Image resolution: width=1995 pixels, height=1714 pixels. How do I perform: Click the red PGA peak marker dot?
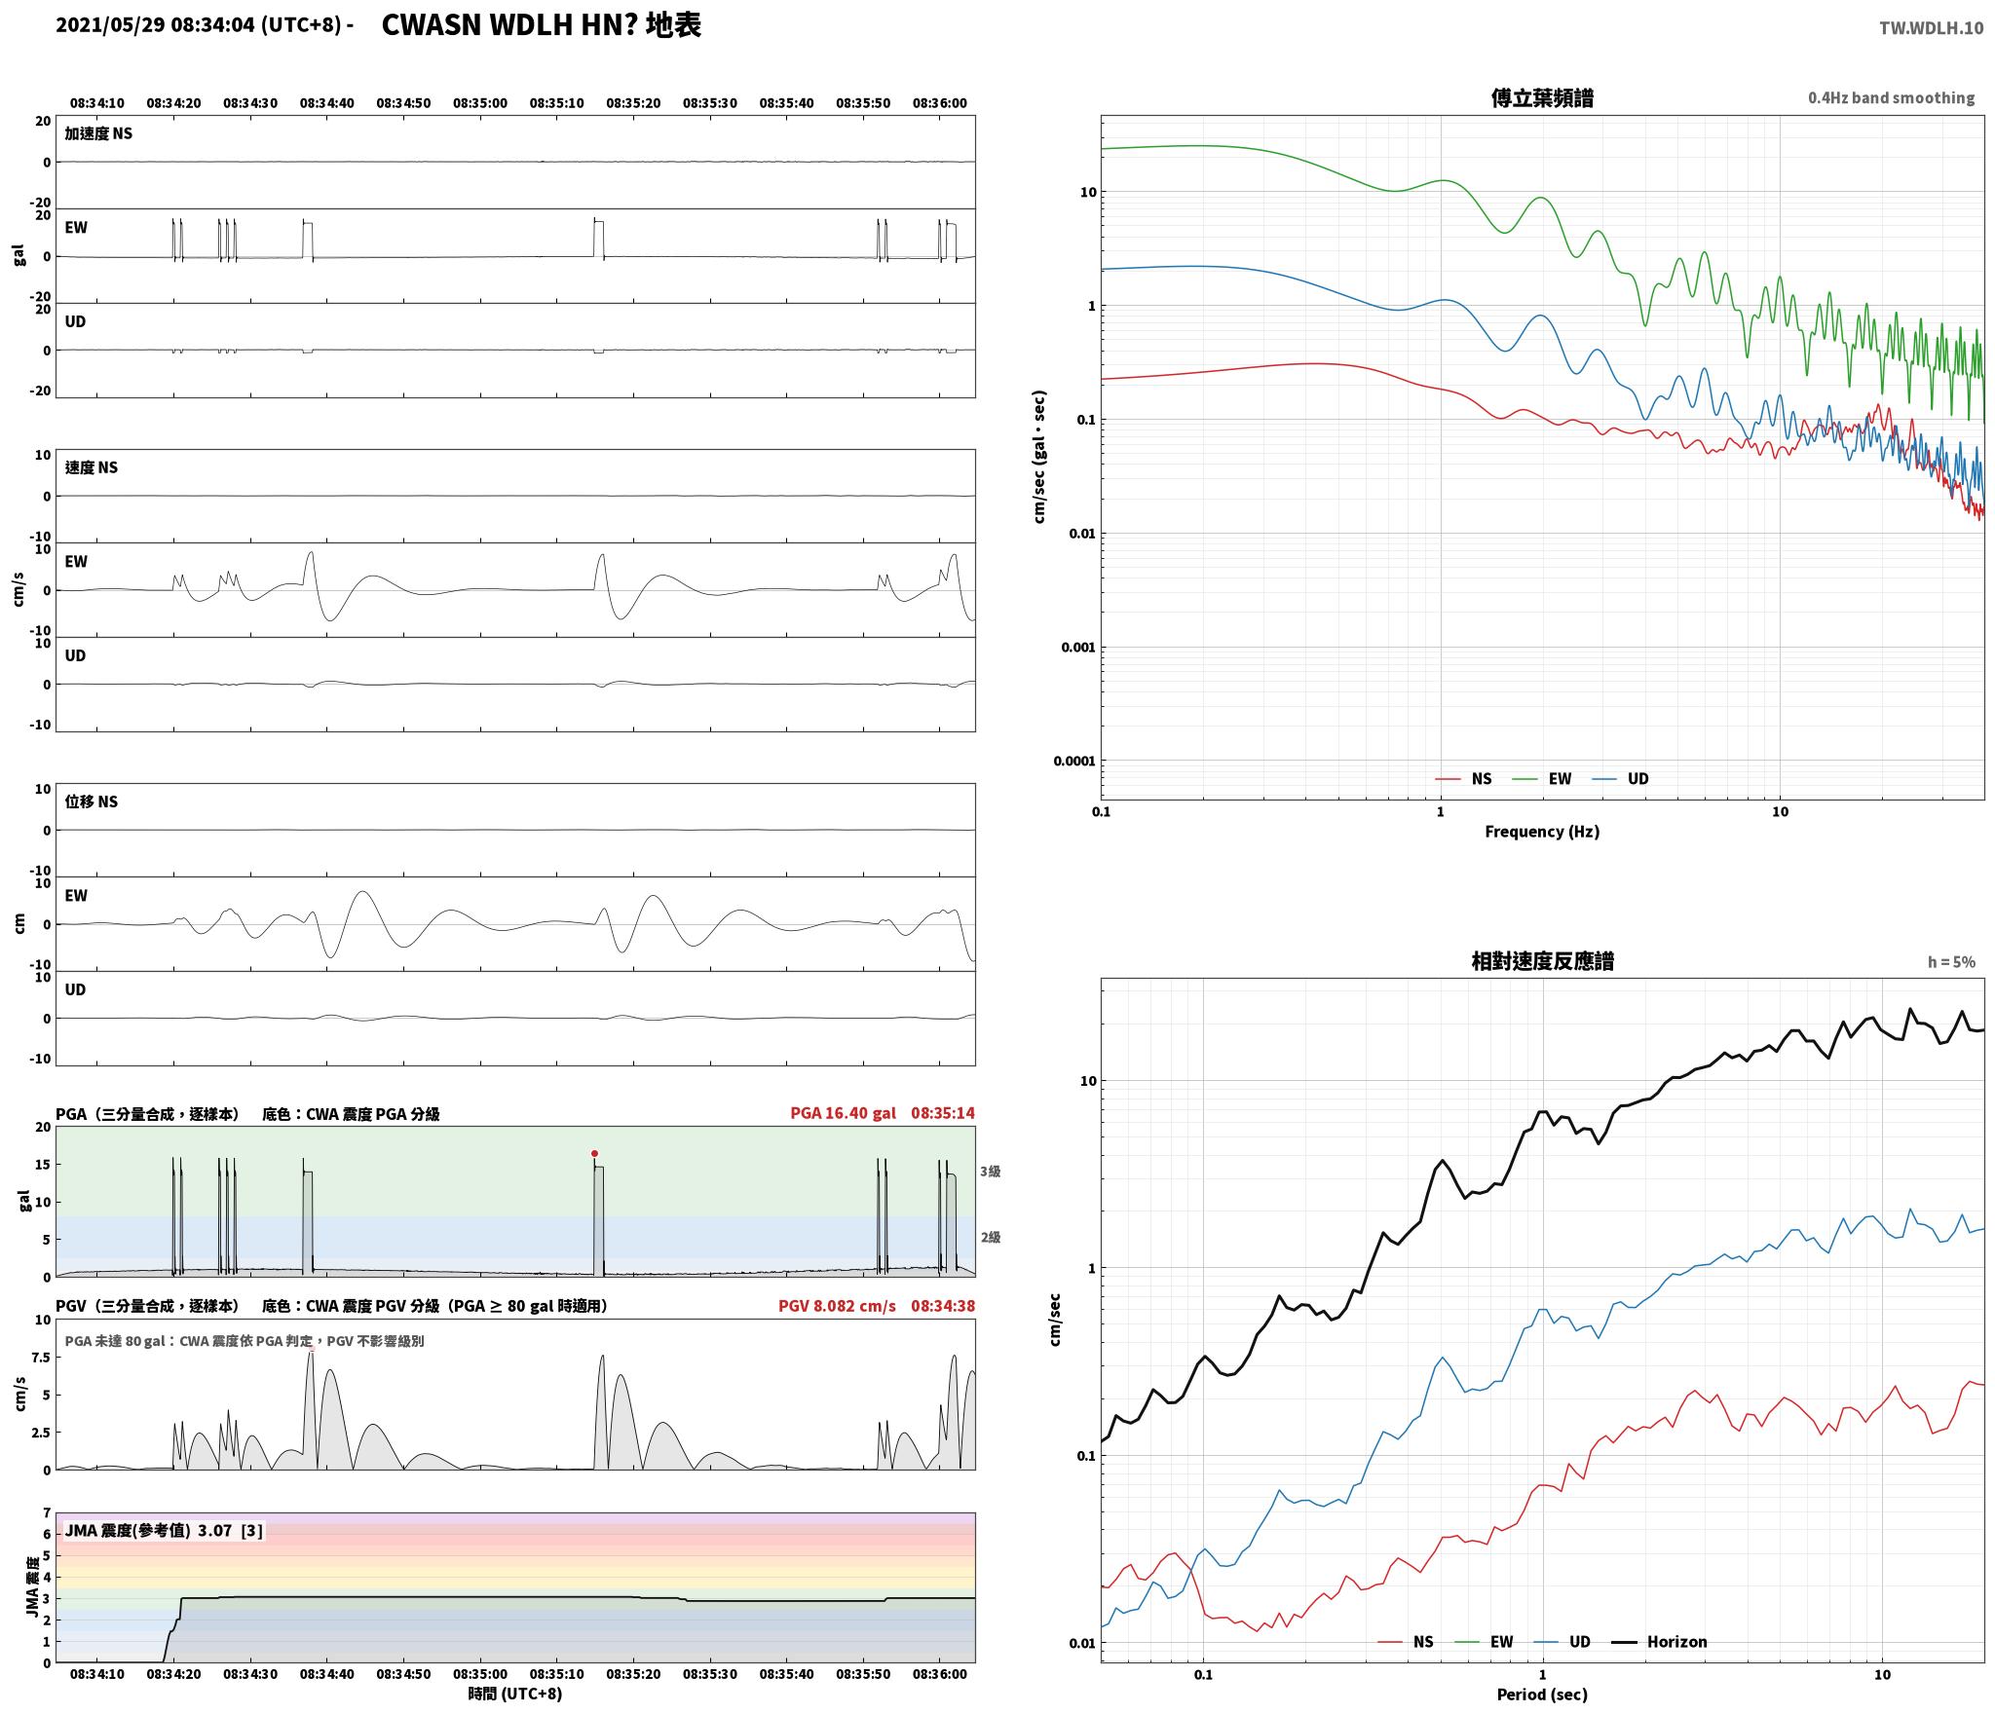pyautogui.click(x=594, y=1153)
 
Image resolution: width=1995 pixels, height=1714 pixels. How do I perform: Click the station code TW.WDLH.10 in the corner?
pyautogui.click(x=1931, y=28)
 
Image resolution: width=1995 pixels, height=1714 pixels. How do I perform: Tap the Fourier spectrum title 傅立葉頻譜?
pyautogui.click(x=1542, y=98)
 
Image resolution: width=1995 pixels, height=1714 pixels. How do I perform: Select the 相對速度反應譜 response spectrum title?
pyautogui.click(x=1542, y=961)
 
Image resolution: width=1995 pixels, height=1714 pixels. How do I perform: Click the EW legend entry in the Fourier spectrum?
pyautogui.click(x=1541, y=778)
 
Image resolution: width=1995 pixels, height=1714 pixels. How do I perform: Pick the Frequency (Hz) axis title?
pyautogui.click(x=1542, y=832)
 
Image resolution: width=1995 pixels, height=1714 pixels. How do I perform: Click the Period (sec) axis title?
pyautogui.click(x=1542, y=1695)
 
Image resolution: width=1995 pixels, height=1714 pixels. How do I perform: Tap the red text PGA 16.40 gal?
pyautogui.click(x=843, y=1113)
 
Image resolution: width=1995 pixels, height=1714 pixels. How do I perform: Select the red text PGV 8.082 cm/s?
pyautogui.click(x=837, y=1306)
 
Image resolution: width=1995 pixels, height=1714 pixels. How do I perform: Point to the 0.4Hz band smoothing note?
pyautogui.click(x=1892, y=98)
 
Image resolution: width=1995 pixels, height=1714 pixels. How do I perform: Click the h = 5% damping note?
pyautogui.click(x=1951, y=962)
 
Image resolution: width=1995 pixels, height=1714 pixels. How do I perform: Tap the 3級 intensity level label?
pyautogui.click(x=991, y=1172)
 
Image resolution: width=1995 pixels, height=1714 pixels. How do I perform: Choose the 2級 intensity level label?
pyautogui.click(x=991, y=1238)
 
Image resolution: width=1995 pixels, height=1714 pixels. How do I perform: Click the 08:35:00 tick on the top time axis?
pyautogui.click(x=480, y=103)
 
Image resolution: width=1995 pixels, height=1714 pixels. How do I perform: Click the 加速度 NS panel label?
pyautogui.click(x=98, y=133)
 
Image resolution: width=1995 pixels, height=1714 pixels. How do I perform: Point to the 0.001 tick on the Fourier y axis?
pyautogui.click(x=1077, y=648)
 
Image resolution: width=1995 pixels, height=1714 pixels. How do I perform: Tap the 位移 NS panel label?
pyautogui.click(x=92, y=801)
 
